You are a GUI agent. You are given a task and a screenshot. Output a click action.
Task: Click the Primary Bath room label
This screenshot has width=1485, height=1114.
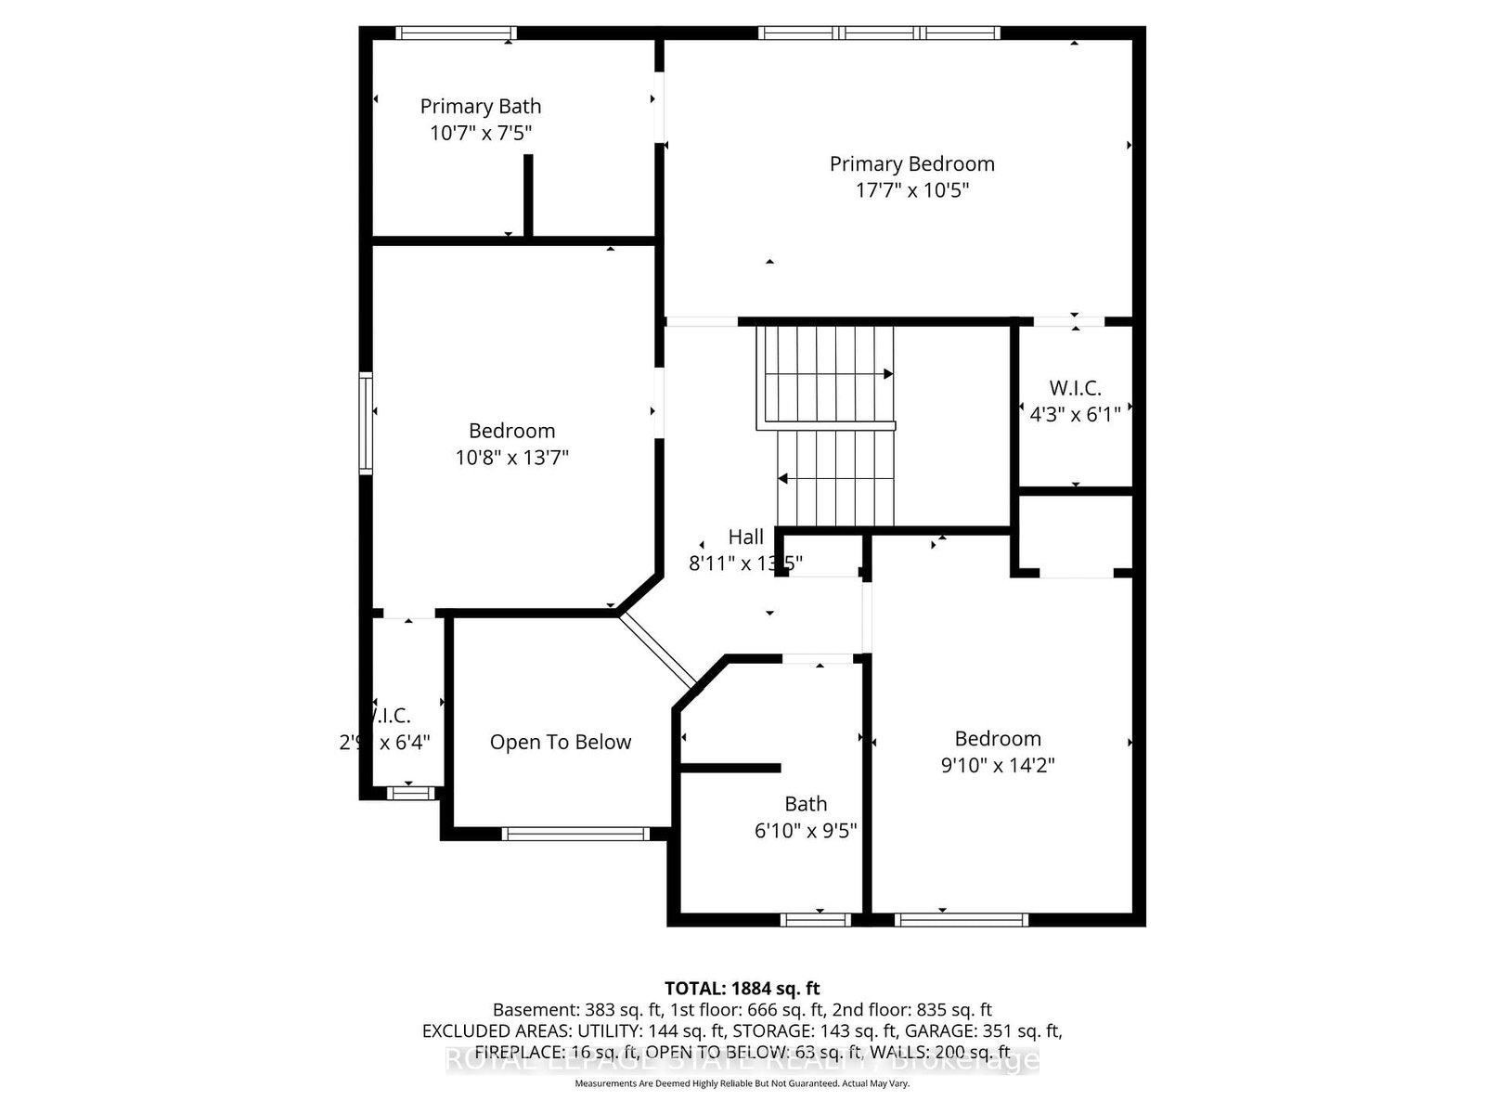pyautogui.click(x=480, y=107)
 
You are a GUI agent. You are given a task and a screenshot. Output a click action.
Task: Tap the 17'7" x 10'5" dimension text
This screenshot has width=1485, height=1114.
pyautogui.click(x=911, y=190)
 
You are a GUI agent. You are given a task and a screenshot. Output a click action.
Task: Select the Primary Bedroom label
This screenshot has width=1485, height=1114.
pyautogui.click(x=911, y=164)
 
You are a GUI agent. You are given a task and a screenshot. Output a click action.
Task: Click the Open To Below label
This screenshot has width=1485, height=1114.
pyautogui.click(x=560, y=743)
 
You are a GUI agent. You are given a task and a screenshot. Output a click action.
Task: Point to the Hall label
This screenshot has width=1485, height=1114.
pyautogui.click(x=745, y=537)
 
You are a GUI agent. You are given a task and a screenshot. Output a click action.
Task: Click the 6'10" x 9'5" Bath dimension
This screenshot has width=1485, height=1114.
pyautogui.click(x=805, y=831)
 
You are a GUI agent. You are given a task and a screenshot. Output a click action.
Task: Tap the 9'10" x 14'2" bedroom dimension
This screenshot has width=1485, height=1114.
pyautogui.click(x=998, y=766)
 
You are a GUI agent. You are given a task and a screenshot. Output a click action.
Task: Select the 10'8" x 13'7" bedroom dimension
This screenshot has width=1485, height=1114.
pyautogui.click(x=511, y=458)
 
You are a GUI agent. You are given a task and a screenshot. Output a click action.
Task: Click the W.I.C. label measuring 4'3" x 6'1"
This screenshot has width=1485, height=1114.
pyautogui.click(x=1075, y=388)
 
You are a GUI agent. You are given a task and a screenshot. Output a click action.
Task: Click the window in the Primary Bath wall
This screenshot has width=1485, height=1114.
pyautogui.click(x=456, y=33)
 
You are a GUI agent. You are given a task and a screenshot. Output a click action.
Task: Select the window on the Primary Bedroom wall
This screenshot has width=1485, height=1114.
pyautogui.click(x=879, y=33)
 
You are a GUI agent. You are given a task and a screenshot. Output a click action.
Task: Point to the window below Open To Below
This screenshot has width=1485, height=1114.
pyautogui.click(x=575, y=834)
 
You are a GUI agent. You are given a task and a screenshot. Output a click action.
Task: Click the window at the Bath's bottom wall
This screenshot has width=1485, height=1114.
pyautogui.click(x=816, y=920)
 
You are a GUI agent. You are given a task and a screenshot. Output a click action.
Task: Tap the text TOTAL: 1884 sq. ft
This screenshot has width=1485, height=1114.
pyautogui.click(x=742, y=989)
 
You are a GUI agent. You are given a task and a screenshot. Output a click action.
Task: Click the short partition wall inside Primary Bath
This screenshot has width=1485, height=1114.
pyautogui.click(x=528, y=195)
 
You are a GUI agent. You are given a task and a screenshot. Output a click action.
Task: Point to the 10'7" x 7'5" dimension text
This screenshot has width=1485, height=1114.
pyautogui.click(x=480, y=134)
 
